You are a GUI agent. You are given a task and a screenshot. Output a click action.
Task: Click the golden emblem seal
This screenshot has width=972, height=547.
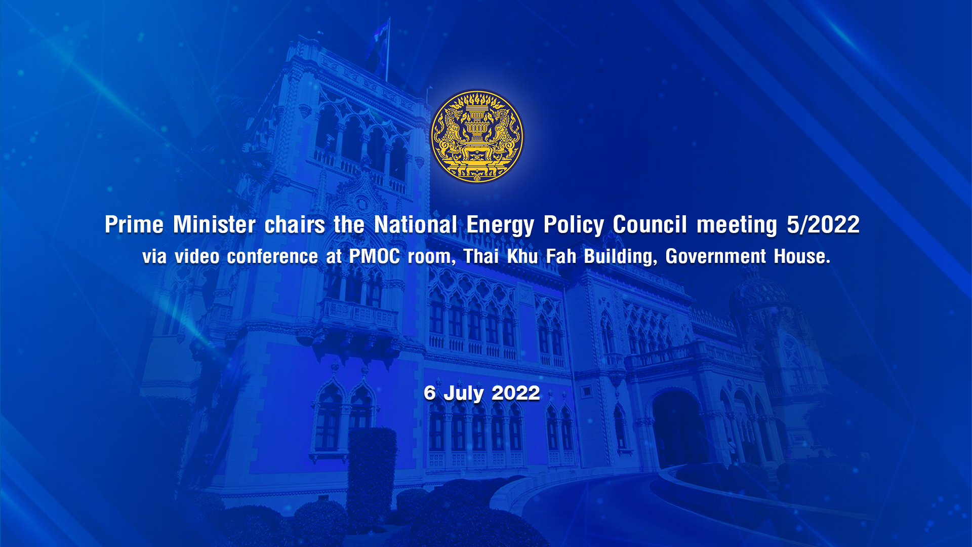point(477,136)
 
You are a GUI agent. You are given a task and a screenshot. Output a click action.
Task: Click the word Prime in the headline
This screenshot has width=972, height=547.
point(134,224)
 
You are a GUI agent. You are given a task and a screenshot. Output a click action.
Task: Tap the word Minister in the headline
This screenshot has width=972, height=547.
point(214,224)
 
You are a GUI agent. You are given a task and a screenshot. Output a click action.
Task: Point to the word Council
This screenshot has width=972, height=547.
point(650,224)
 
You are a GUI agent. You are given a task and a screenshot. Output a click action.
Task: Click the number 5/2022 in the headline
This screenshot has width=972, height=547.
point(823,224)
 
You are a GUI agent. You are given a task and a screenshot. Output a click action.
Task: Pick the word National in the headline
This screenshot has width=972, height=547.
point(416,224)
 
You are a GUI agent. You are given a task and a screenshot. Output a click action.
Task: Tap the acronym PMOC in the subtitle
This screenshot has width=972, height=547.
point(375,256)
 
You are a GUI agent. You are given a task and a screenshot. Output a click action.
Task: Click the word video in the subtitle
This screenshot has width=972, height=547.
point(197,256)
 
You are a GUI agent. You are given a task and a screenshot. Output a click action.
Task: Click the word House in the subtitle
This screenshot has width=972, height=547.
point(802,256)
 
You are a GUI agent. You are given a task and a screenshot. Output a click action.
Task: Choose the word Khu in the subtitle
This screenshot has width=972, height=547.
point(522,256)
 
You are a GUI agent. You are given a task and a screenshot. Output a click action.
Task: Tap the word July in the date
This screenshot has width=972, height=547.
point(464,394)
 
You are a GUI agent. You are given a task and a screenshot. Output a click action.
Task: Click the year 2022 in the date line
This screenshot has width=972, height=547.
point(516,393)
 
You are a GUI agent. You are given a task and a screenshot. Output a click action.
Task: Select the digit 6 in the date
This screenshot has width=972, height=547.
point(430,393)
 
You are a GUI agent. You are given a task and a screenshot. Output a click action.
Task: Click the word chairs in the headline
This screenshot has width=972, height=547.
point(295,224)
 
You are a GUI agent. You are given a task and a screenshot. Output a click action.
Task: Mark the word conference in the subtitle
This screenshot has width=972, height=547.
point(272,256)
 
